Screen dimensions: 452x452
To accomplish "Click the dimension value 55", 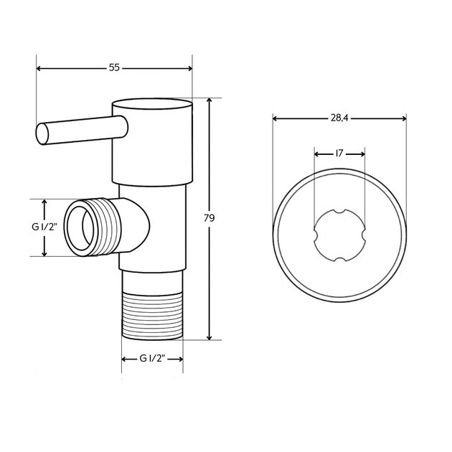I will (x=114, y=67).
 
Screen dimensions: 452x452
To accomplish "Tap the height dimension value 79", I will (x=209, y=217).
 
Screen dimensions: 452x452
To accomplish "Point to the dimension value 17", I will (x=339, y=153).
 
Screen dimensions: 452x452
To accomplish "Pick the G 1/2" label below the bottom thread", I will (x=152, y=359).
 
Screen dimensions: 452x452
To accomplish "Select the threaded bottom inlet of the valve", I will (x=152, y=316).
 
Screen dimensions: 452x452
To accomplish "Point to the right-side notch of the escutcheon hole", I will (x=363, y=235).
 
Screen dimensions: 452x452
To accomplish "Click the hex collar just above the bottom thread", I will (x=152, y=281).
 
